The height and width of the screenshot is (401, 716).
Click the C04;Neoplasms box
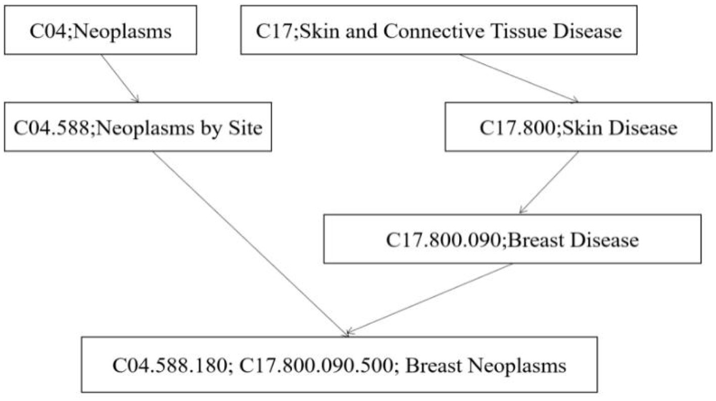click(x=100, y=31)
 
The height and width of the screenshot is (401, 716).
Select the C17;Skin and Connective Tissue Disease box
click(x=438, y=31)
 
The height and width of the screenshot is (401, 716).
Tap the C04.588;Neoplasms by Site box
click(x=138, y=127)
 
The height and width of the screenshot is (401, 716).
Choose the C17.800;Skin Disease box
click(x=578, y=127)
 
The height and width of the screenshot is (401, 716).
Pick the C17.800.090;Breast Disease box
click(x=512, y=239)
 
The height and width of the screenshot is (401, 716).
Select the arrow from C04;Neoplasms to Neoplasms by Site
click(x=120, y=78)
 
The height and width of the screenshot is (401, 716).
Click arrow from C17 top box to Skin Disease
click(x=518, y=78)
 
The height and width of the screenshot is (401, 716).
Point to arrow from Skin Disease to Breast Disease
click(x=549, y=182)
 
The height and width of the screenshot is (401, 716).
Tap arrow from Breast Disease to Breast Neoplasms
click(x=429, y=298)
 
